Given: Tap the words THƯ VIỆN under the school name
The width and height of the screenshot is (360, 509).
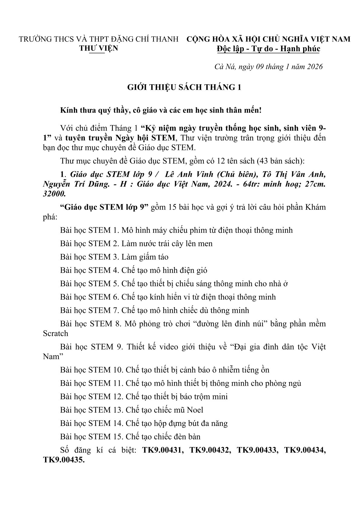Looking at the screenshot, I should (x=99, y=48).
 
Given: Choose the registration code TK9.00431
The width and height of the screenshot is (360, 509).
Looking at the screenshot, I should (x=162, y=450).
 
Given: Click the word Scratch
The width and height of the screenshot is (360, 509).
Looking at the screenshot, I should (x=56, y=333).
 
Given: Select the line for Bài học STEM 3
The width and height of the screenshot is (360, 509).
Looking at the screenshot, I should (x=114, y=257).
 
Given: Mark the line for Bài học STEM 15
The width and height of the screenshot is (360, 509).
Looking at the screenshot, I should (x=130, y=436).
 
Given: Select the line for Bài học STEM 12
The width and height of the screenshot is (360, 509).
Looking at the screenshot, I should (x=144, y=397).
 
